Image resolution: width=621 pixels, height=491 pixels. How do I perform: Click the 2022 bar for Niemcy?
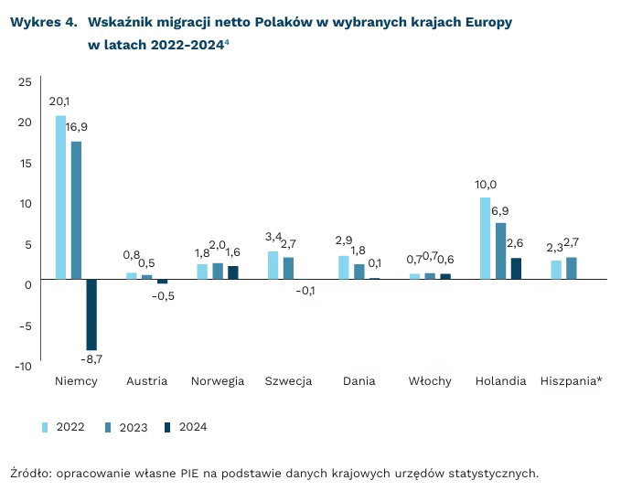[x=61, y=197]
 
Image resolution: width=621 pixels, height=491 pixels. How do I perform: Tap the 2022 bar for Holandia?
[x=485, y=238]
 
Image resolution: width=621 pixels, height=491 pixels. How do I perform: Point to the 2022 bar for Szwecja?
[x=273, y=265]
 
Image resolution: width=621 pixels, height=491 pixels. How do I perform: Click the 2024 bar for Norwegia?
[x=232, y=272]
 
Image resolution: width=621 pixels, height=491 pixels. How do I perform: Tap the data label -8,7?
[x=91, y=359]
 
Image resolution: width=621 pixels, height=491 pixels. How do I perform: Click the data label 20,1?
[x=59, y=101]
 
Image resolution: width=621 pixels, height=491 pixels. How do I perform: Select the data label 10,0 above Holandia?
[x=486, y=184]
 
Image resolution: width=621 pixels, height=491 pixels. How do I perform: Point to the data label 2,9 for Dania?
[x=343, y=240]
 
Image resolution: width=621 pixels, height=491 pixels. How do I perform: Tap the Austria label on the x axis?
[x=146, y=381]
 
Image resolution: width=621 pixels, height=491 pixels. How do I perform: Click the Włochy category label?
[x=430, y=381]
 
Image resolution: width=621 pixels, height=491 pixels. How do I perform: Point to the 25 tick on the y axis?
[x=25, y=82]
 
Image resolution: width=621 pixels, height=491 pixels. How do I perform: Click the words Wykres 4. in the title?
[x=43, y=21]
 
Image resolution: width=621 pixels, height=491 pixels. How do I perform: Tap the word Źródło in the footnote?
[x=28, y=473]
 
